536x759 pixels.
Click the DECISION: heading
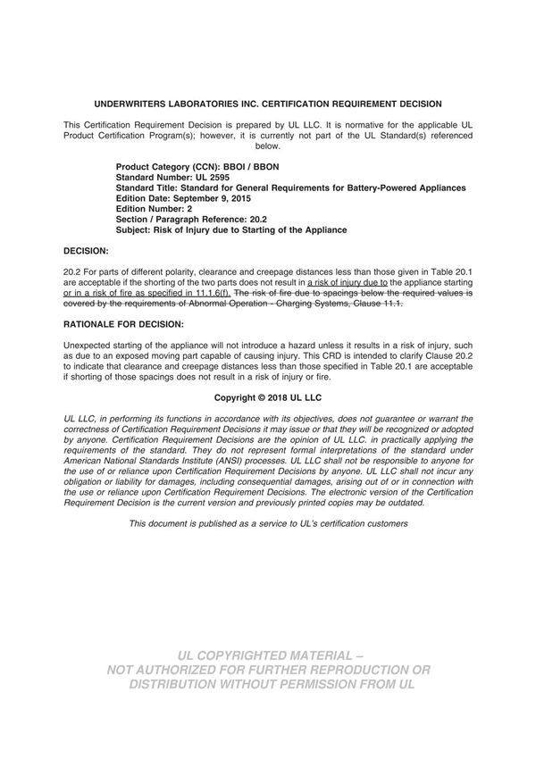[86, 252]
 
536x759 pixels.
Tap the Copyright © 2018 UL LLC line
[268, 396]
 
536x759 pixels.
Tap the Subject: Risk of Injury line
[231, 230]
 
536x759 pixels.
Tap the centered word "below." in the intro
[268, 146]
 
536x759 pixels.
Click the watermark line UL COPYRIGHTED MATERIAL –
[268, 654]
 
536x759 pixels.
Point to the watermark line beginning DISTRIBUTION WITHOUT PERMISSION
[268, 685]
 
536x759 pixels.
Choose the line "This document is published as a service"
[268, 523]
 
